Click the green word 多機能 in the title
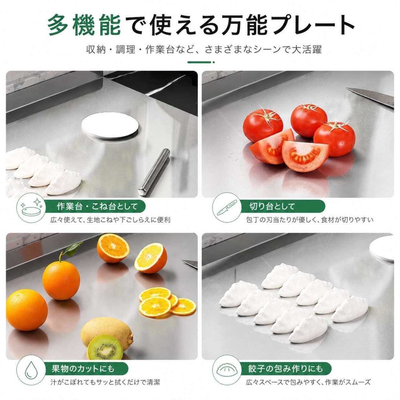[84, 26]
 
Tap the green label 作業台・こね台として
[97, 207]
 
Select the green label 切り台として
[272, 207]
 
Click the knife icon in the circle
[227, 207]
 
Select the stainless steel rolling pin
[154, 172]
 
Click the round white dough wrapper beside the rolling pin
[110, 127]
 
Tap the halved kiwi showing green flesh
[105, 348]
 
